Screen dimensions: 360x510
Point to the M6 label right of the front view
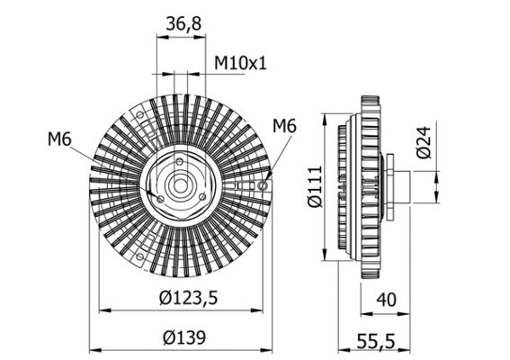(x=284, y=125)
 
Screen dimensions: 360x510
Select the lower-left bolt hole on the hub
(x=160, y=197)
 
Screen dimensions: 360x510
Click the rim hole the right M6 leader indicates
(x=262, y=185)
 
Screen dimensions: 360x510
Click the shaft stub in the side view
(x=400, y=186)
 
